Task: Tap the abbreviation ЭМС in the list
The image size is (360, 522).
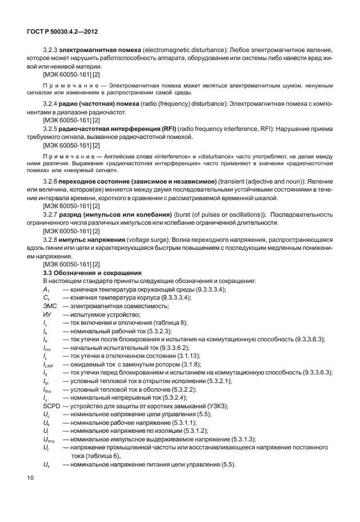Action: pos(50,306)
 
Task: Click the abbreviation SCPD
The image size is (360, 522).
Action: pos(53,405)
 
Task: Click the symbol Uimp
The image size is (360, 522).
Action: pos(50,439)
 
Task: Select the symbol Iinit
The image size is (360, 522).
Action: pos(49,348)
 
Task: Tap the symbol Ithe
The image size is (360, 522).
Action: pos(49,389)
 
